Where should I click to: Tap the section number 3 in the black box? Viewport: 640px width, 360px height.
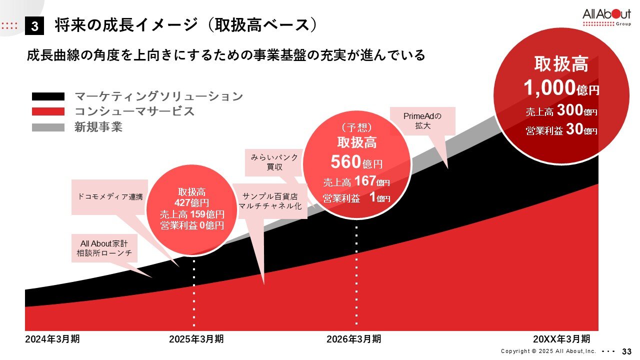pos(34,26)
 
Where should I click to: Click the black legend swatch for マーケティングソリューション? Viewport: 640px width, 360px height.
pos(48,96)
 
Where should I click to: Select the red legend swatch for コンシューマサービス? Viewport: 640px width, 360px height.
pos(48,111)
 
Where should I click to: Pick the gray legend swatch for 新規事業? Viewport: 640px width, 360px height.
pos(48,127)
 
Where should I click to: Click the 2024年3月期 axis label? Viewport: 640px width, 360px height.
pos(52,339)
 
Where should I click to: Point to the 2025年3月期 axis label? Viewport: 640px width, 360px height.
pos(196,339)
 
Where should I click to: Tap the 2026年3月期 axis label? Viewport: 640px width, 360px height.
pos(353,339)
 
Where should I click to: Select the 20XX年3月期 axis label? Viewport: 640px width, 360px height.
pos(561,339)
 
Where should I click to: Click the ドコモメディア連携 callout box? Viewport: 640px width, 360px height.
pos(110,197)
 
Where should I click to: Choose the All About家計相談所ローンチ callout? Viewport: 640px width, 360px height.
pos(104,248)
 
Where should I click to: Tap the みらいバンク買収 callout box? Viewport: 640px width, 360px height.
pos(274,162)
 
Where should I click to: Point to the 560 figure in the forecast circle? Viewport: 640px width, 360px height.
pos(345,162)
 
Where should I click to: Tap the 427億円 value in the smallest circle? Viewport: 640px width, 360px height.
pos(191,203)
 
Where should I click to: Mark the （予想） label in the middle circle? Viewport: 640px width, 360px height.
pos(357,127)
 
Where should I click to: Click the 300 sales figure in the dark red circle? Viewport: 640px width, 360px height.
pos(569,110)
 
